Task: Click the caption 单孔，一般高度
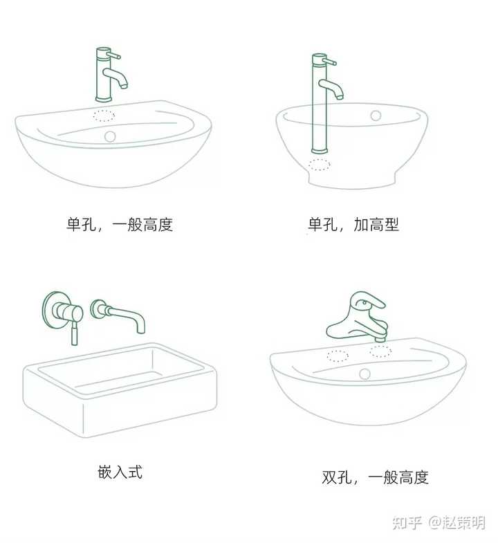click(x=120, y=224)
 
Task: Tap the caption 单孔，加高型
click(x=353, y=224)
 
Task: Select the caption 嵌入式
click(x=120, y=472)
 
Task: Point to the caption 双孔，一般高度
click(x=375, y=477)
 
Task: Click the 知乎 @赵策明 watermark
click(x=439, y=522)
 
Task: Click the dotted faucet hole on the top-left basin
click(x=104, y=116)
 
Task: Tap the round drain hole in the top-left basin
click(x=110, y=136)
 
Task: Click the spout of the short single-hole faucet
click(x=116, y=77)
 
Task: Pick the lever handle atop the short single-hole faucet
click(x=113, y=55)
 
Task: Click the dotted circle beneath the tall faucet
click(x=319, y=165)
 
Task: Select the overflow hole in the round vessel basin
click(x=376, y=116)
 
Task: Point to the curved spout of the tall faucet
click(x=331, y=89)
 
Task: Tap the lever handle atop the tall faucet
click(x=329, y=62)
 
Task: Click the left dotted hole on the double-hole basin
click(x=338, y=356)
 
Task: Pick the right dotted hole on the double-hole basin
click(x=380, y=351)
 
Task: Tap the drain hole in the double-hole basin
click(x=365, y=374)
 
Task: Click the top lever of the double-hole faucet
click(x=367, y=300)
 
